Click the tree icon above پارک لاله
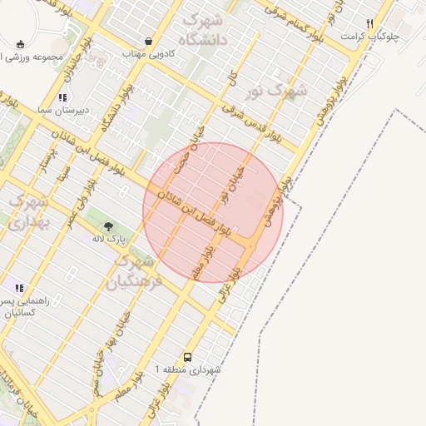[x=107, y=225]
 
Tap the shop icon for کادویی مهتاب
[x=148, y=40]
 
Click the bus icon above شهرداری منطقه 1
[x=187, y=355]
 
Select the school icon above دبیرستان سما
[x=63, y=97]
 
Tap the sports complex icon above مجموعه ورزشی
[x=20, y=45]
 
